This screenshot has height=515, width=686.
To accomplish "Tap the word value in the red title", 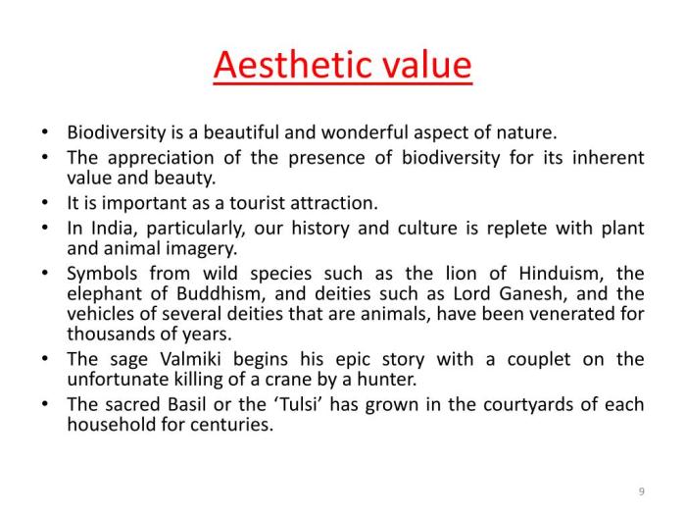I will pyautogui.click(x=423, y=65).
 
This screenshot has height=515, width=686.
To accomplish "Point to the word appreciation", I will pyautogui.click(x=156, y=158).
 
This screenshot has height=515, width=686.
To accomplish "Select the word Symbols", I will pyautogui.click(x=102, y=274).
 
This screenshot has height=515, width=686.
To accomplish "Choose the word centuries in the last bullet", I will pyautogui.click(x=233, y=425).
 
